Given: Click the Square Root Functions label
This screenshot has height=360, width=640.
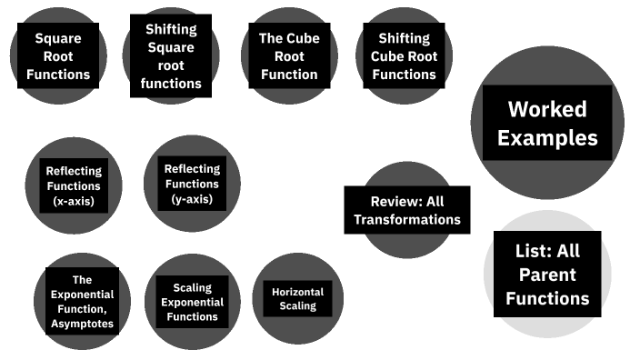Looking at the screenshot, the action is [x=58, y=56].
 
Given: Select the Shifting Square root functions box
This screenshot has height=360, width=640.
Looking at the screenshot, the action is [x=171, y=56].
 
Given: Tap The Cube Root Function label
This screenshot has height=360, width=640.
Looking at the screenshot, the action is [x=289, y=56].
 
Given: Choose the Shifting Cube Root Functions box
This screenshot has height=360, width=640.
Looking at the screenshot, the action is [x=404, y=56].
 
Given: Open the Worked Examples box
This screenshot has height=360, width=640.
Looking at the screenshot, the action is [x=547, y=123].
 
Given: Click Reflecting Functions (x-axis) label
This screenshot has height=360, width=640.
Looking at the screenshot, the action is [x=74, y=185].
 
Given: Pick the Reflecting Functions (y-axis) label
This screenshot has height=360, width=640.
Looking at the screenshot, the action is [x=192, y=184].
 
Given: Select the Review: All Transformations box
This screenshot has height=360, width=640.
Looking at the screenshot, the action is [x=407, y=210].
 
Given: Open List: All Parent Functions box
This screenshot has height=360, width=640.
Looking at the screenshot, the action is [x=547, y=275].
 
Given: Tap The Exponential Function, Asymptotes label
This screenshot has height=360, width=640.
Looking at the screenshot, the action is [x=82, y=301].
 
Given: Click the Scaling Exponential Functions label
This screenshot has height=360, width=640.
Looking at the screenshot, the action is [x=192, y=302].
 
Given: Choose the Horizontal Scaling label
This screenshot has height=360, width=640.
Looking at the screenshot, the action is [x=297, y=299].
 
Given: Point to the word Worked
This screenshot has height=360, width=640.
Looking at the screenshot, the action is [x=547, y=109].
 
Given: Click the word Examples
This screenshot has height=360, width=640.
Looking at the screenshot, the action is [x=547, y=138].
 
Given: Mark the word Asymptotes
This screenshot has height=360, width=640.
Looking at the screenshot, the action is [x=82, y=324].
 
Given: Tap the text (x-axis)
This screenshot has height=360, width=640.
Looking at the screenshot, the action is [x=74, y=201].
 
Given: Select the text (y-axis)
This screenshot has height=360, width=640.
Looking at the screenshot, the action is [x=192, y=199].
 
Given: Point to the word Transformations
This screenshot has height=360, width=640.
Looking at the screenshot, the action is [x=407, y=220].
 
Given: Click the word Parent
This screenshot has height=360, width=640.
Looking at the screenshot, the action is [x=547, y=275].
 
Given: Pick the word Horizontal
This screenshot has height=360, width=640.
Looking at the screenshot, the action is [x=297, y=292].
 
